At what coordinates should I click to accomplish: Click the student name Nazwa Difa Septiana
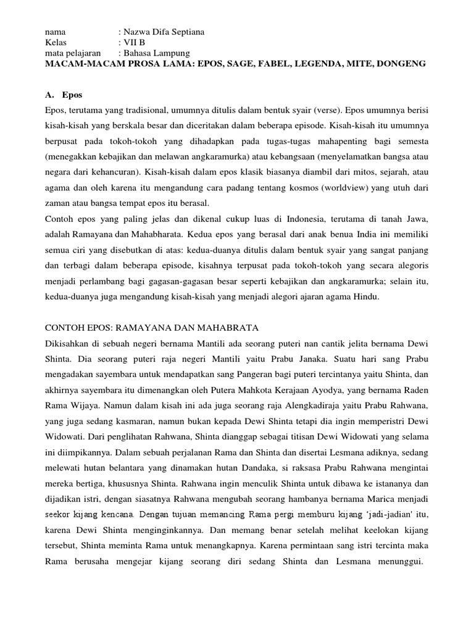pos(163,31)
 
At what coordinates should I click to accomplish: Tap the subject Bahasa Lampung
pos(156,53)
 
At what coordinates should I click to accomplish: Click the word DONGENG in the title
pos(404,64)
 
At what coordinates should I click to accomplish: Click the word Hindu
pos(368,297)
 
